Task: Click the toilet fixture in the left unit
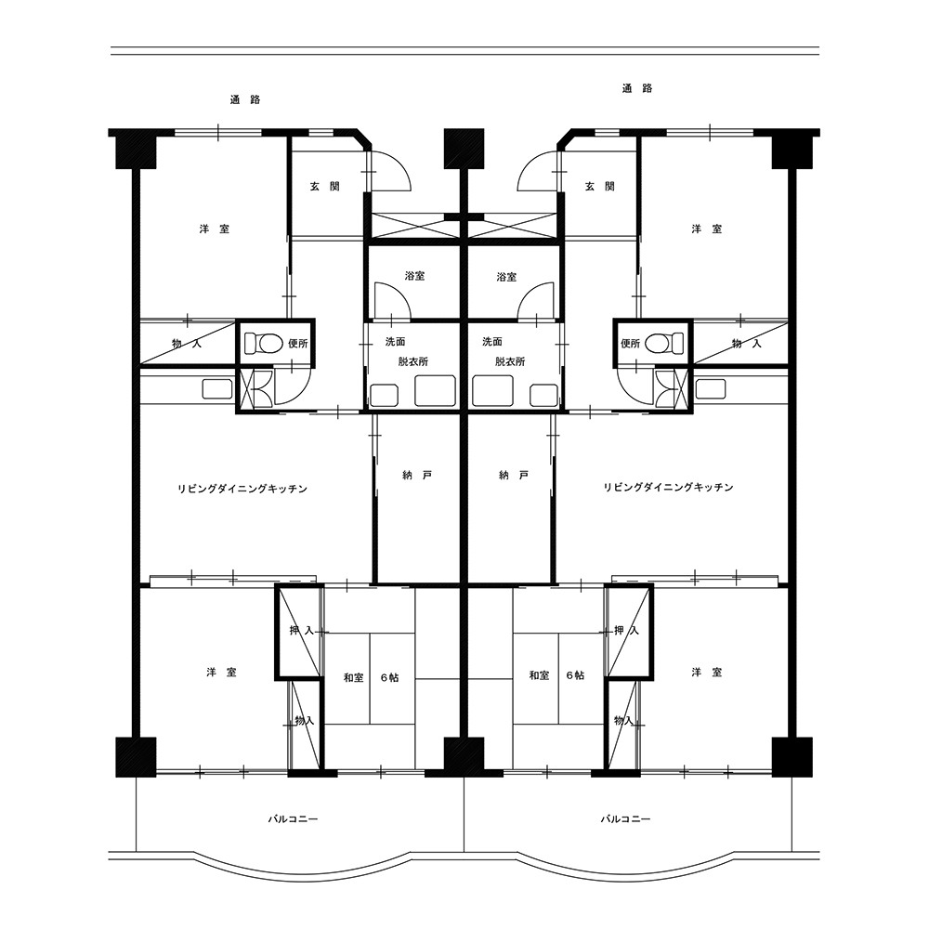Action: click(x=264, y=343)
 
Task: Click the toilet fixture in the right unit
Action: click(x=664, y=343)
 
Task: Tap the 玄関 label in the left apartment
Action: click(x=324, y=186)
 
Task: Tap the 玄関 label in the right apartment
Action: click(x=599, y=186)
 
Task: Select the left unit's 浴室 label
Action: click(x=414, y=276)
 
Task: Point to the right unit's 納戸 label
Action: click(x=514, y=475)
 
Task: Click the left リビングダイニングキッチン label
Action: click(x=242, y=489)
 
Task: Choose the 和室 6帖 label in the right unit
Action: click(x=556, y=675)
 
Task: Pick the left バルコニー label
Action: click(x=293, y=819)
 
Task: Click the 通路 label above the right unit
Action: click(x=637, y=88)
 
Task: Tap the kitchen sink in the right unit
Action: click(x=711, y=389)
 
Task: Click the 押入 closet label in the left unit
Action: click(x=302, y=631)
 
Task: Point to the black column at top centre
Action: click(x=464, y=148)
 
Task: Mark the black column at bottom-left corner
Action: click(x=136, y=756)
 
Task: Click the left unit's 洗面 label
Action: click(x=395, y=341)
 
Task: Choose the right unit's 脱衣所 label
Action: click(x=510, y=361)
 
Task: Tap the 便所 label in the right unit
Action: click(x=630, y=343)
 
